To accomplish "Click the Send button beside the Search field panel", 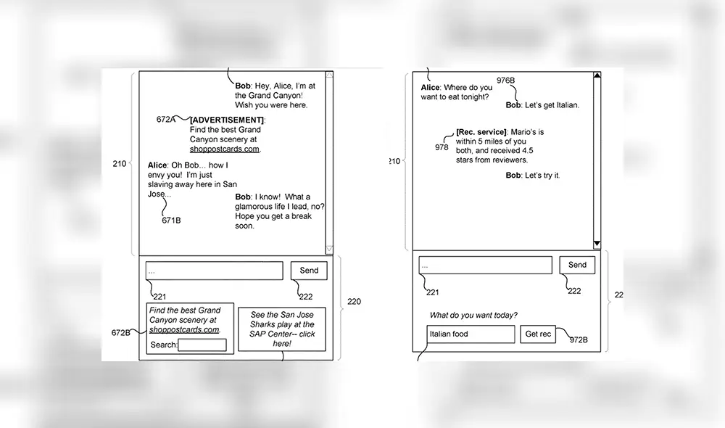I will tap(309, 271).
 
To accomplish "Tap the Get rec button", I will tap(538, 334).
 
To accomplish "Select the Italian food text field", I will tap(471, 334).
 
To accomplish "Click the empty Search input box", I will tap(202, 345).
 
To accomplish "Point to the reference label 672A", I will tap(165, 119).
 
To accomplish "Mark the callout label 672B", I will tap(120, 332).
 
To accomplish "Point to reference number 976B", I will tap(505, 81).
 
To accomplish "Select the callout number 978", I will tap(442, 147).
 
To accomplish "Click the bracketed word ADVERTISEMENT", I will tap(228, 120).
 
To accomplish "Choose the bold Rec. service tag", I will tap(481, 132).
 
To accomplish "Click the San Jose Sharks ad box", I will tap(282, 329).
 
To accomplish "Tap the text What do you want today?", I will tap(473, 315).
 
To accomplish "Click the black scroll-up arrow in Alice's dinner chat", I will tap(597, 75).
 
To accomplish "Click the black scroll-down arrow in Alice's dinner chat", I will tap(597, 244).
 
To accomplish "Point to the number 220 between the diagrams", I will tap(354, 302).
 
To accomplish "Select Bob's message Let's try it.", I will tap(533, 176).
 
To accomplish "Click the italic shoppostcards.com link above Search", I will tap(184, 329).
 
